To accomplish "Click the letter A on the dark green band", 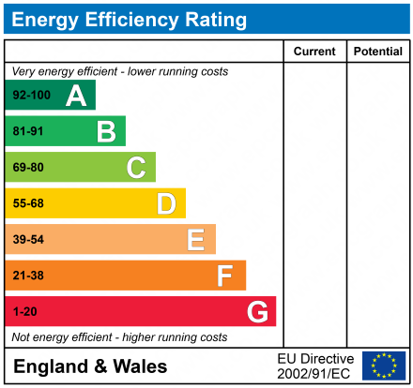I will (x=76, y=96).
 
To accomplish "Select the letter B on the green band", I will (x=106, y=132).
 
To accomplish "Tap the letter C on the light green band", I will (x=136, y=168).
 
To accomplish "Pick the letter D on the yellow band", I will (x=166, y=203).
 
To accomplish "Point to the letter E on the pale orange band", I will (x=195, y=240).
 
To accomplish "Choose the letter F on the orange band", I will (x=225, y=276).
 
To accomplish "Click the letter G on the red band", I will (x=256, y=311).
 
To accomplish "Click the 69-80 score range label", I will (x=27, y=168).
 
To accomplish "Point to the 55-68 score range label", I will (x=27, y=203).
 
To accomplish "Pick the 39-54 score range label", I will (x=27, y=240).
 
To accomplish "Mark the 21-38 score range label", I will (x=27, y=276).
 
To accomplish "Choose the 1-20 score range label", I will (x=23, y=311).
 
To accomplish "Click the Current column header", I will (x=314, y=52).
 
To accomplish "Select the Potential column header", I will (x=377, y=52).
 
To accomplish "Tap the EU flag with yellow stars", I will (x=383, y=366).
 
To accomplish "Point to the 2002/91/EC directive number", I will (x=315, y=374).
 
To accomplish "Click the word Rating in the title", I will (x=210, y=20).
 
